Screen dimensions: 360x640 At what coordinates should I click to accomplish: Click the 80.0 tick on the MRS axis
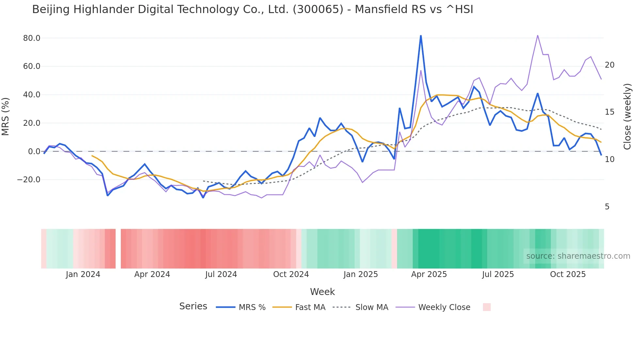coord(32,38)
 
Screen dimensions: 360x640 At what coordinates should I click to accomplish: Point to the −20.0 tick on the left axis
coord(29,180)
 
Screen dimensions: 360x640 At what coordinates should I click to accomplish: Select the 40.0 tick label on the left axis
coord(32,95)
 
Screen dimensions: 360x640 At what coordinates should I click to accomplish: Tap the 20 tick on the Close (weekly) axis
coord(610,65)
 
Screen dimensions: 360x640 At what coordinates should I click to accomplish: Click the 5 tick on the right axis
coord(607,207)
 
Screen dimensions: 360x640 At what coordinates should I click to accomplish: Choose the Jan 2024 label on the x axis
coord(83,274)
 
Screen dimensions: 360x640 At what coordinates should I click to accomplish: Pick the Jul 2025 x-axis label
coord(498,274)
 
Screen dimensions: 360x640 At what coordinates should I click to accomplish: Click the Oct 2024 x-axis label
coord(291,274)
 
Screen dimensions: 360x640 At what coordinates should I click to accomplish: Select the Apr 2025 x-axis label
coord(429,274)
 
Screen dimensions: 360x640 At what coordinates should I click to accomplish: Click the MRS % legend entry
coord(241,307)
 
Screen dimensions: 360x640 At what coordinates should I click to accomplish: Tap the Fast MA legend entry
coord(299,307)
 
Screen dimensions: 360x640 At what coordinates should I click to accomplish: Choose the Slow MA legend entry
coord(360,307)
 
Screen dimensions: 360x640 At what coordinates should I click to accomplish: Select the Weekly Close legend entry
coord(433,307)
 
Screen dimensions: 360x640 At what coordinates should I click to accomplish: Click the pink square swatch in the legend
coord(487,307)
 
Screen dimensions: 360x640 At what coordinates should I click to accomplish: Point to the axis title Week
coord(322,292)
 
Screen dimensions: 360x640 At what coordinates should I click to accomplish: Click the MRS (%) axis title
coord(6,117)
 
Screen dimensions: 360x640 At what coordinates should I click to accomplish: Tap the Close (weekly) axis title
coord(627,117)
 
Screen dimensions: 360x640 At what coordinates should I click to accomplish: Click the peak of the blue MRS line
coord(421,36)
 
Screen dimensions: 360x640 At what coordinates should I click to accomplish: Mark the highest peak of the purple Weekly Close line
coord(537,35)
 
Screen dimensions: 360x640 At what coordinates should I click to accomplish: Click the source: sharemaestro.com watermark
coord(578,256)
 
